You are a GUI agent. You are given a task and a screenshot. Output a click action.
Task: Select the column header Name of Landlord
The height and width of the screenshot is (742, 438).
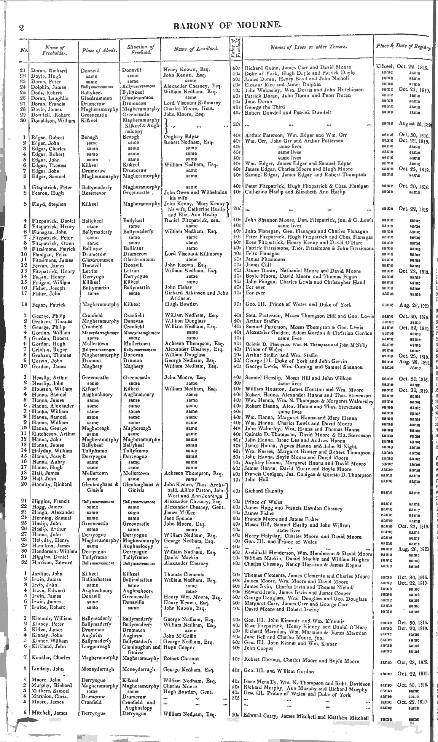[196, 48]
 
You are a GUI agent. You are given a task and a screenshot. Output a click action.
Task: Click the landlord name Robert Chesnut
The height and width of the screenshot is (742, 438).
[181, 658]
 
